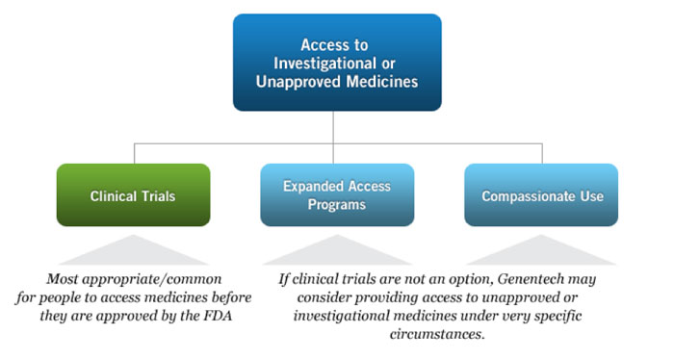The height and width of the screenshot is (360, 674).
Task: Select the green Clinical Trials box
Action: click(133, 195)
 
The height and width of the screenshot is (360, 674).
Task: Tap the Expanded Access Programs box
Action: click(337, 195)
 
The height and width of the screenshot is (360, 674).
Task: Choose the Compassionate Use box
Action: click(541, 195)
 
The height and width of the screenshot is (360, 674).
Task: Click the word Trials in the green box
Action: click(158, 196)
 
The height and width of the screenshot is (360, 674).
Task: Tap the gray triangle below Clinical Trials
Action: click(133, 252)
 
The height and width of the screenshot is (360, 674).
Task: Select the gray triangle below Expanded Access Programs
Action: click(337, 252)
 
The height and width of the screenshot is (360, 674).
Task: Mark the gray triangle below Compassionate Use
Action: click(541, 252)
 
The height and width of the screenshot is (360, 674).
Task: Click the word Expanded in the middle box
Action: click(311, 188)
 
